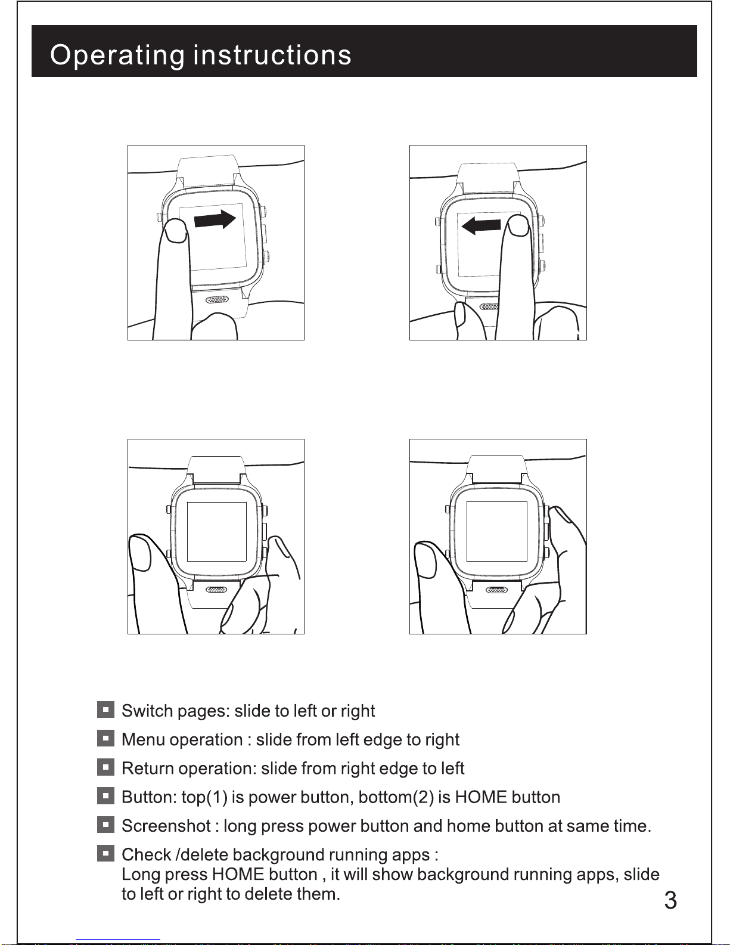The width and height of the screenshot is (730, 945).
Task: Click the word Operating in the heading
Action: coord(117,55)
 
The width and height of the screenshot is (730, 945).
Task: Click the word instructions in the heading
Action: coord(272,55)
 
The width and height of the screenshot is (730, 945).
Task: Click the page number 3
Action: coord(670,900)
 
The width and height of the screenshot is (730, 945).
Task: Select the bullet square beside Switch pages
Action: coord(105,709)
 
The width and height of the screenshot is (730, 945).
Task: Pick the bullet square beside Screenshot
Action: coord(105,825)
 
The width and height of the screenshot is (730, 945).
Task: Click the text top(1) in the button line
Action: coord(204,797)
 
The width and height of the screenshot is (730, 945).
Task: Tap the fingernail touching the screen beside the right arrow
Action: coord(175,231)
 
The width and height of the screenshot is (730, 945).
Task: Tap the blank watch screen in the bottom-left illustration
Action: coord(217,531)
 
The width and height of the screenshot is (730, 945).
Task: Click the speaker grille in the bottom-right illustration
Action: coord(496,590)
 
